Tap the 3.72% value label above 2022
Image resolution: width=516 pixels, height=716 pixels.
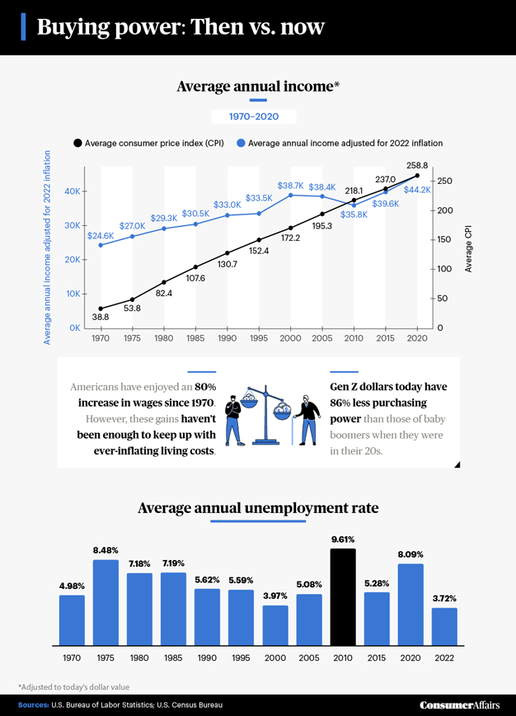445,598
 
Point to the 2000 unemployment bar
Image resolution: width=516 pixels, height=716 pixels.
275,624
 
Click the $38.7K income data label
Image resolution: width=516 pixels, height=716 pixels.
290,186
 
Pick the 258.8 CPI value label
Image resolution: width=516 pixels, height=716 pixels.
416,166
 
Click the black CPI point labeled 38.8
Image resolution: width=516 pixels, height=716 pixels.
101,309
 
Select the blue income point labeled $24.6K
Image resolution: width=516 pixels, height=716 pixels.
101,245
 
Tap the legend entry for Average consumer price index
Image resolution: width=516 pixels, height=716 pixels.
149,143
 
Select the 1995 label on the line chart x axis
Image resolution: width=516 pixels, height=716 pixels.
259,339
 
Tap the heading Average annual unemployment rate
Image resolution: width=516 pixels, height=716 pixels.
258,508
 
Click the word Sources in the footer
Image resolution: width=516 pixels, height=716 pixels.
34,705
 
